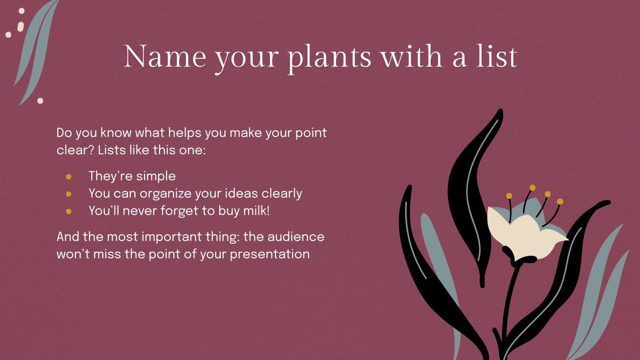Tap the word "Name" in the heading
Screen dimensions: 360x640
pyautogui.click(x=165, y=57)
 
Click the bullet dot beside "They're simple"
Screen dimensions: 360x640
pyautogui.click(x=69, y=176)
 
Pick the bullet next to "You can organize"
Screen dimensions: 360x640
pyautogui.click(x=69, y=194)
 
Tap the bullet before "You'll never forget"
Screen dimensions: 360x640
pyautogui.click(x=69, y=211)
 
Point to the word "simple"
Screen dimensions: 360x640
pyautogui.click(x=156, y=176)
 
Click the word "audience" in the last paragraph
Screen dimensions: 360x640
pyautogui.click(x=296, y=236)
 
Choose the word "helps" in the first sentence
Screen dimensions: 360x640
pyautogui.click(x=184, y=133)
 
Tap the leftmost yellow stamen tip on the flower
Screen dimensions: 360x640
pyautogui.click(x=509, y=196)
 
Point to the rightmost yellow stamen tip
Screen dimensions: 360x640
pyautogui.click(x=560, y=202)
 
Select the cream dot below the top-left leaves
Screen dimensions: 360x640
pyautogui.click(x=40, y=101)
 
